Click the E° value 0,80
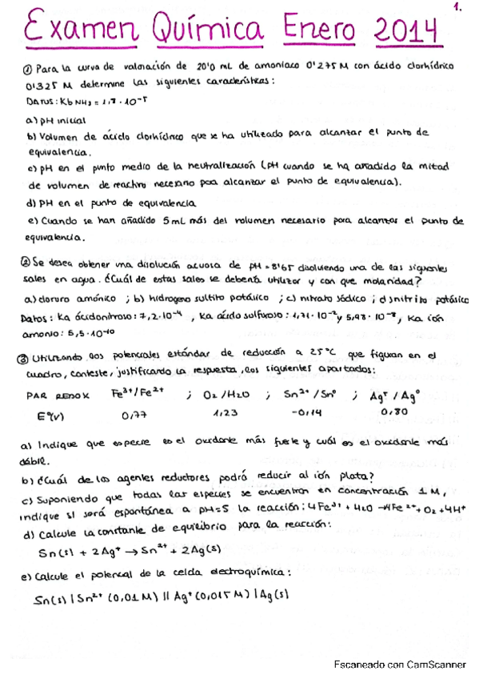tap(395, 411)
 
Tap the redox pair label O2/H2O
tap(228, 394)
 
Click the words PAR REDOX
tap(60, 395)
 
